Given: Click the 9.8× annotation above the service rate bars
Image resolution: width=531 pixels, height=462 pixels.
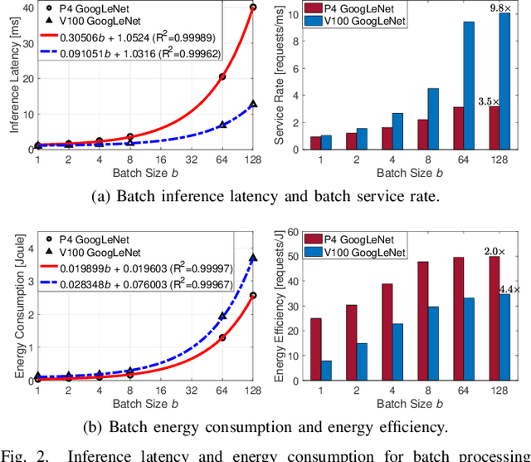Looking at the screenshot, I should (500, 7).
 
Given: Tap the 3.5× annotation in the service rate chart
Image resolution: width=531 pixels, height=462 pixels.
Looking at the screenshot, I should (488, 101).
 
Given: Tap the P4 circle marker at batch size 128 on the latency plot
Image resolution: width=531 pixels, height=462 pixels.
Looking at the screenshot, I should (253, 7).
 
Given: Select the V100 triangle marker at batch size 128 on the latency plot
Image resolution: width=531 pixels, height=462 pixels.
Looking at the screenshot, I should (253, 105).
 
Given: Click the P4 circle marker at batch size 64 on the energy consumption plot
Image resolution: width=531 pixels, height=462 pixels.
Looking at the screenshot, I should (222, 337).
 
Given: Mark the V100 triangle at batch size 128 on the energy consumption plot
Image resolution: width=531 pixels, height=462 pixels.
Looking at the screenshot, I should (253, 258).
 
